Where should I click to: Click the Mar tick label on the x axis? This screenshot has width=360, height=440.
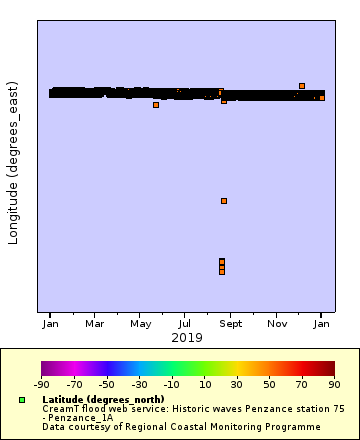pyautogui.click(x=94, y=324)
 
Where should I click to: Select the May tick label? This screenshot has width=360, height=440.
pyautogui.click(x=140, y=324)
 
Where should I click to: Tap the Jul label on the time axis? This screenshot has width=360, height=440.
pyautogui.click(x=185, y=324)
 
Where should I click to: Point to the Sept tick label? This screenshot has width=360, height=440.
pyautogui.click(x=231, y=324)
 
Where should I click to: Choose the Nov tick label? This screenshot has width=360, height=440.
pyautogui.click(x=277, y=324)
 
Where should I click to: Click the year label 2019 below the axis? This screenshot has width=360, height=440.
pyautogui.click(x=185, y=338)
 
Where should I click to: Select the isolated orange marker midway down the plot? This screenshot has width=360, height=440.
pyautogui.click(x=224, y=201)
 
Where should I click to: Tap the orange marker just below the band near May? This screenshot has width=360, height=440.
pyautogui.click(x=156, y=105)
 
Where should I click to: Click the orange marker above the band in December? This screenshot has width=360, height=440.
pyautogui.click(x=302, y=86)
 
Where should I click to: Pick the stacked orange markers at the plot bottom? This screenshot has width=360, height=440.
pyautogui.click(x=222, y=266)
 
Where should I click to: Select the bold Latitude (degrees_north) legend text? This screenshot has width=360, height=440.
pyautogui.click(x=103, y=399)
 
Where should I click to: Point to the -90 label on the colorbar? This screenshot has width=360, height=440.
pyautogui.click(x=42, y=384)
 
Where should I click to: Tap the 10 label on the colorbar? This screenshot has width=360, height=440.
pyautogui.click(x=204, y=384)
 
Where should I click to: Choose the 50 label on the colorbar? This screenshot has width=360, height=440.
pyautogui.click(x=269, y=384)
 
